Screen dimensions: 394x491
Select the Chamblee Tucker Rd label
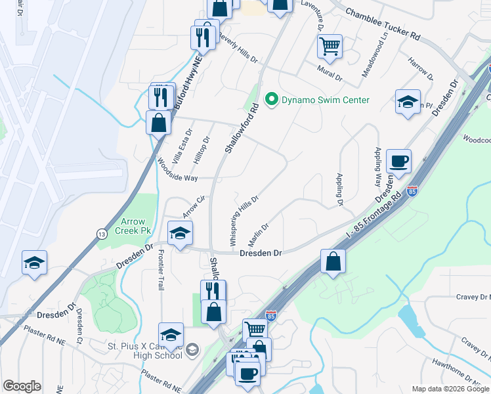click(382, 24)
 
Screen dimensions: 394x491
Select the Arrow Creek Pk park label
click(140, 227)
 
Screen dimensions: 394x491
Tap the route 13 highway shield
click(101, 233)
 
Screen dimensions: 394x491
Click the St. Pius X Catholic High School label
click(146, 349)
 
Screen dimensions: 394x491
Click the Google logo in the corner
click(22, 386)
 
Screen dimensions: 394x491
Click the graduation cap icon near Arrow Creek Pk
click(180, 233)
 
